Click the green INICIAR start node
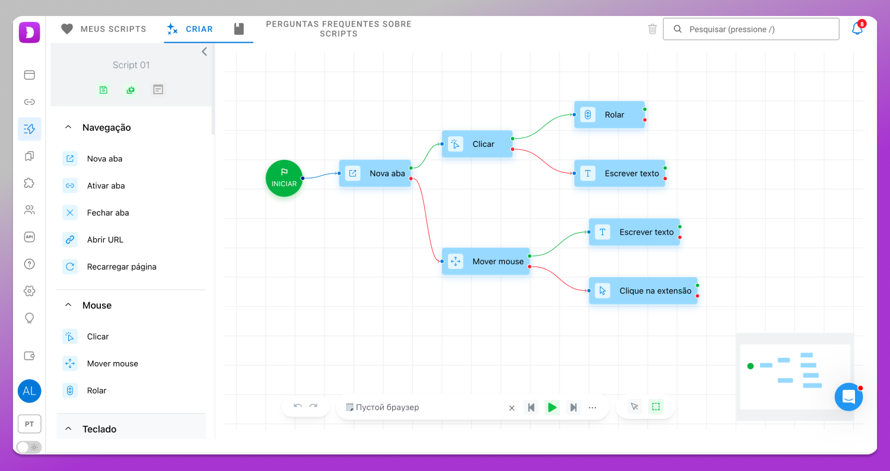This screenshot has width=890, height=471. [284, 178]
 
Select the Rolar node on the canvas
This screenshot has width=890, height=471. [609, 115]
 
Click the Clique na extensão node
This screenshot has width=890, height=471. [643, 291]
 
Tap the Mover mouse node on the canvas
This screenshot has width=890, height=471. [485, 261]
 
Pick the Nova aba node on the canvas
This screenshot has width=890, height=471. [375, 174]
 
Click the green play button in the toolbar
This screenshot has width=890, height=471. [552, 408]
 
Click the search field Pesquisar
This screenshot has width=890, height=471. [751, 29]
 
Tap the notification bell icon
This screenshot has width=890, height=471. [857, 28]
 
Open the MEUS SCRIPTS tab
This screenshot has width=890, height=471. [104, 29]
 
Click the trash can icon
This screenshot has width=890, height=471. [653, 29]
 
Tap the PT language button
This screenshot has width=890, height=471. [30, 424]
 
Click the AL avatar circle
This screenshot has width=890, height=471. [30, 391]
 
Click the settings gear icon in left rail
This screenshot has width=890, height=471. [30, 291]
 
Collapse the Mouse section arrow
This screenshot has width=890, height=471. [68, 305]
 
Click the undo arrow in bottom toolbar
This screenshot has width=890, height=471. [298, 406]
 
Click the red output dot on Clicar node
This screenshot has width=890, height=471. [513, 149]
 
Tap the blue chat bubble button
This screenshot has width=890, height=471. [848, 397]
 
